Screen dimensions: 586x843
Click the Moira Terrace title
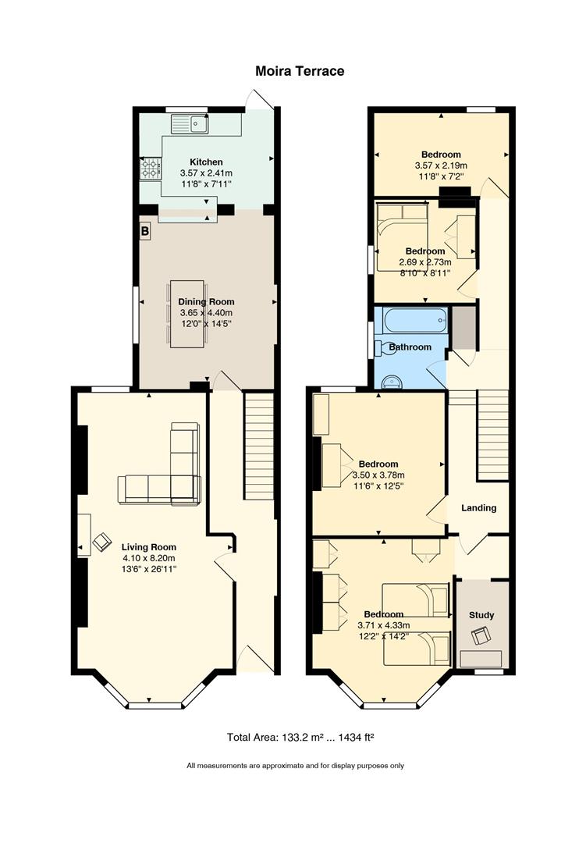click(x=300, y=71)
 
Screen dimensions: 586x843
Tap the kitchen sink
click(x=190, y=124)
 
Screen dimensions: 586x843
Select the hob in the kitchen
click(x=151, y=168)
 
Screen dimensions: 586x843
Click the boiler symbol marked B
click(x=144, y=232)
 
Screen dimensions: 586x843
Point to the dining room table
click(x=187, y=314)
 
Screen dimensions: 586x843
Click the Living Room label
click(x=148, y=547)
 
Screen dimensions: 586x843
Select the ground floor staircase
click(x=259, y=446)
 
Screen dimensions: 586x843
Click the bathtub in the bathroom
click(x=414, y=320)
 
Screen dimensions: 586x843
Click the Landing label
click(x=478, y=507)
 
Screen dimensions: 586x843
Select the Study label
click(x=481, y=615)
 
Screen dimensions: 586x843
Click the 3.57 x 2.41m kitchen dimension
click(x=207, y=173)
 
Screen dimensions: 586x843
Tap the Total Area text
click(x=300, y=737)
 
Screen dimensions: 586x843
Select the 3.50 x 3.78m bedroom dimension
click(x=378, y=475)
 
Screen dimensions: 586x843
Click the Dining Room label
click(x=207, y=301)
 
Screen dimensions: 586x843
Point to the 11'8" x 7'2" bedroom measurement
click(x=441, y=176)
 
